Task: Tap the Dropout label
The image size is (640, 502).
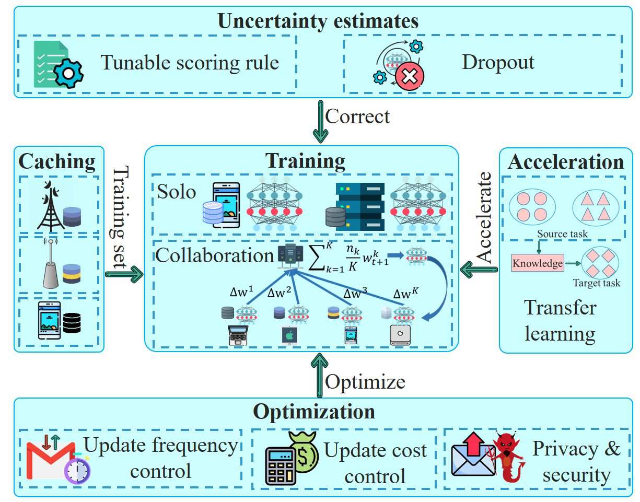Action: pyautogui.click(x=498, y=62)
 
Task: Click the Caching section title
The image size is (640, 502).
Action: pyautogui.click(x=57, y=162)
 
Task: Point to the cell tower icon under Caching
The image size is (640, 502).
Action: pyautogui.click(x=51, y=206)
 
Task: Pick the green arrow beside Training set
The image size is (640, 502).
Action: pyautogui.click(x=124, y=273)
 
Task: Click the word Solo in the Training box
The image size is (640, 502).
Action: pyautogui.click(x=176, y=192)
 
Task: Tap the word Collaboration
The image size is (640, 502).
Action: pyautogui.click(x=214, y=255)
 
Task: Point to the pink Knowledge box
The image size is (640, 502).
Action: pyautogui.click(x=538, y=263)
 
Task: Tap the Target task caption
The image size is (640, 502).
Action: pyautogui.click(x=596, y=283)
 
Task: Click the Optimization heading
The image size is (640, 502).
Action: pyautogui.click(x=314, y=412)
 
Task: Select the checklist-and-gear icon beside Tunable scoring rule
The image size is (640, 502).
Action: pyautogui.click(x=56, y=65)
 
